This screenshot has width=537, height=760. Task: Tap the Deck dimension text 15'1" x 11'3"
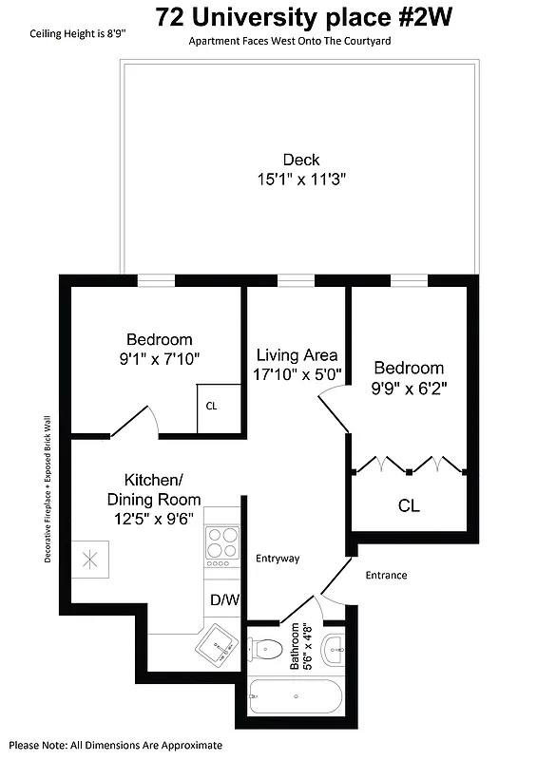pos(300,179)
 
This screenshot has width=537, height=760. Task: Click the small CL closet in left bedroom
pos(211,406)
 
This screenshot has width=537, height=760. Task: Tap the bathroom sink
pos(335,651)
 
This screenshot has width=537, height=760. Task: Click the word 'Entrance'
pos(386,575)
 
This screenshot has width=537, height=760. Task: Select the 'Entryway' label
pos(278,559)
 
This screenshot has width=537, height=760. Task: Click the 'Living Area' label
pos(297,355)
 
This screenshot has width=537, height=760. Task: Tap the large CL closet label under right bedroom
pos(409,505)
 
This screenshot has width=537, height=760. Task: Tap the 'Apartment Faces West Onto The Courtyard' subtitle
pos(289,42)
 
